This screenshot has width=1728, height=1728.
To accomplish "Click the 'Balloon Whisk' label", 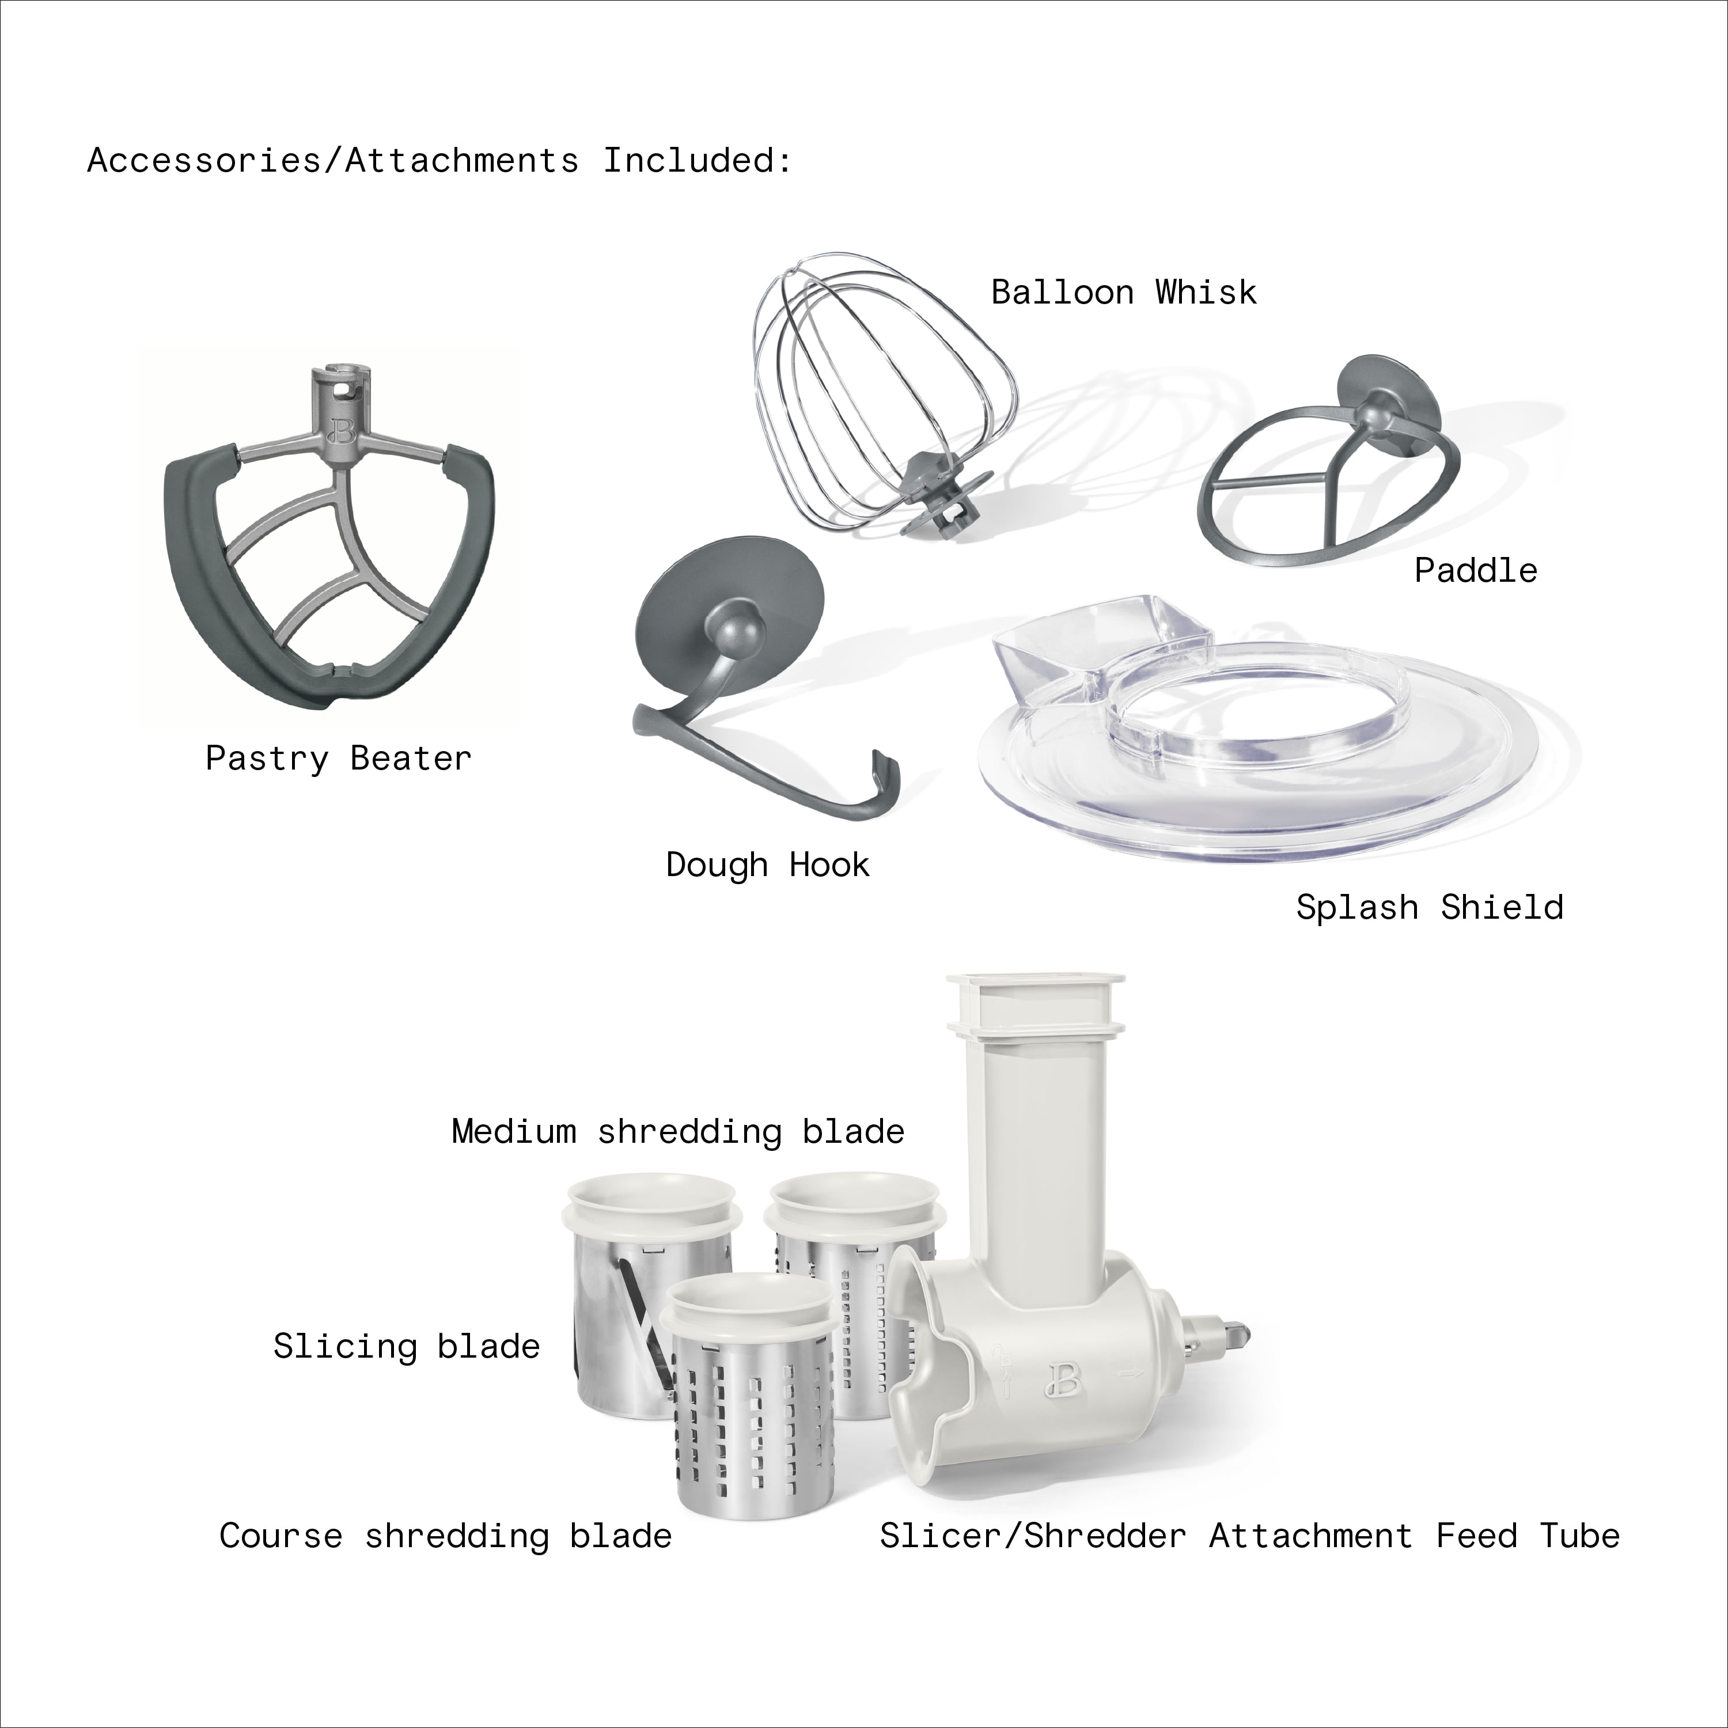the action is [1123, 293].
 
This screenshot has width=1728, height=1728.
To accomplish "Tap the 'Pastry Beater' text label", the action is [338, 759].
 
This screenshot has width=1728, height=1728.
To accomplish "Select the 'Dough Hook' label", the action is [767, 865].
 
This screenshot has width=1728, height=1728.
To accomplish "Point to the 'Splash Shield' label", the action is [1429, 908].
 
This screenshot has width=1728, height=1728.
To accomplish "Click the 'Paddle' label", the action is [1476, 571].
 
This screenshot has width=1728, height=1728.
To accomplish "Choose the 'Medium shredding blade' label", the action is [678, 1131].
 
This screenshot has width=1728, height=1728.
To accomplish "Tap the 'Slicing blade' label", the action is [407, 1346].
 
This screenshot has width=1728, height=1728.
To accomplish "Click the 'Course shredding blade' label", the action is [445, 1536].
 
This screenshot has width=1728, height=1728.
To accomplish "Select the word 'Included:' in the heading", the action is [698, 161].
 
